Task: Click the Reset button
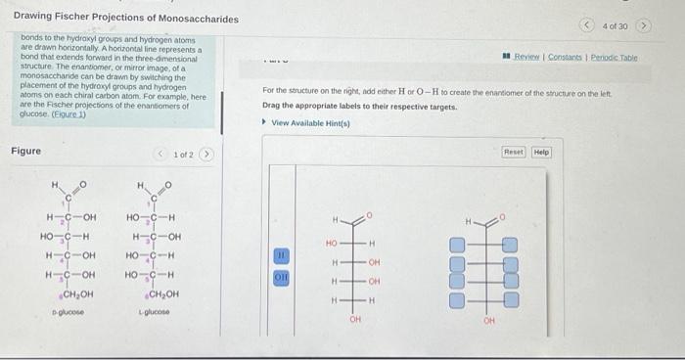point(514,153)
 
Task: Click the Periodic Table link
point(616,58)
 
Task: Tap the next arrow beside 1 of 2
point(205,155)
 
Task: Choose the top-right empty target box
point(510,246)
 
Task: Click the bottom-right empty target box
point(510,299)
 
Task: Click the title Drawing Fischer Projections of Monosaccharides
point(112,20)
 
